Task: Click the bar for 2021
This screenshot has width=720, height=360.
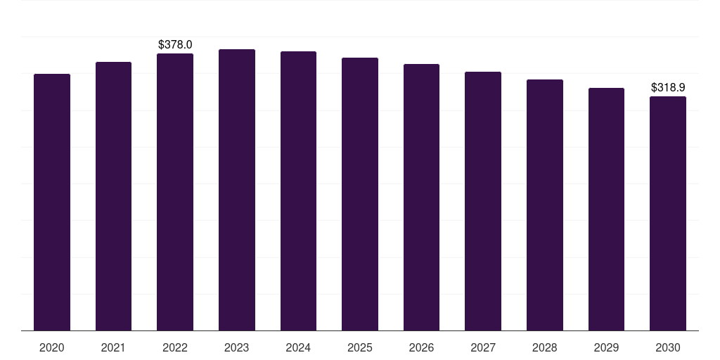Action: pyautogui.click(x=113, y=196)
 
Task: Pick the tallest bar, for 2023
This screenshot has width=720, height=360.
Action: pyautogui.click(x=237, y=190)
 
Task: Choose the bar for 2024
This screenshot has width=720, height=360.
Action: pyautogui.click(x=298, y=191)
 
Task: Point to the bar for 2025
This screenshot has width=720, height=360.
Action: pyautogui.click(x=360, y=194)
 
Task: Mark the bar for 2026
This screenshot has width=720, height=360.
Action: pyautogui.click(x=421, y=198)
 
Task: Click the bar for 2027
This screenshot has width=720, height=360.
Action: pyautogui.click(x=483, y=201)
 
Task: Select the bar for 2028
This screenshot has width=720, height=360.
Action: pyautogui.click(x=545, y=205)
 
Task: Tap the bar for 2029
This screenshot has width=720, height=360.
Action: pyautogui.click(x=606, y=210)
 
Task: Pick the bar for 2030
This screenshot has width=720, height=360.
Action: pyautogui.click(x=668, y=214)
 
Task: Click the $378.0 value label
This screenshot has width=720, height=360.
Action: pyautogui.click(x=175, y=44)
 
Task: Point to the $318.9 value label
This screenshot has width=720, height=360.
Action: pyautogui.click(x=668, y=88)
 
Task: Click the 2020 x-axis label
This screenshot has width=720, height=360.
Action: pyautogui.click(x=52, y=347)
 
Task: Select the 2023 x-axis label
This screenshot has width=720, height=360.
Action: pyautogui.click(x=237, y=347)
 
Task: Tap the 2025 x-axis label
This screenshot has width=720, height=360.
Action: pyautogui.click(x=360, y=347)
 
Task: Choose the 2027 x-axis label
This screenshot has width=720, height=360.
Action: pyautogui.click(x=483, y=347)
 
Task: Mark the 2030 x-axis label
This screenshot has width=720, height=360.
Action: pyautogui.click(x=668, y=347)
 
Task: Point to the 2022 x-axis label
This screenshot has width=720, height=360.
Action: pyautogui.click(x=175, y=347)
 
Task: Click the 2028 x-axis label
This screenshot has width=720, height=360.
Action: pyautogui.click(x=545, y=347)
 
